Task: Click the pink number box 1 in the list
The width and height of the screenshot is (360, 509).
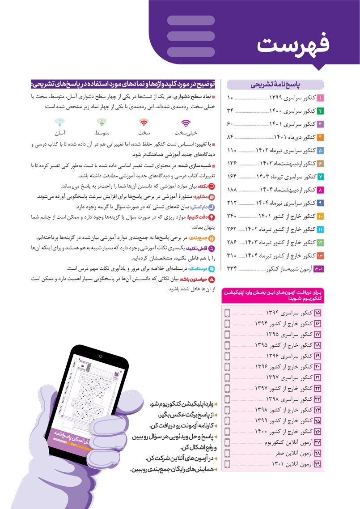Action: (320, 98)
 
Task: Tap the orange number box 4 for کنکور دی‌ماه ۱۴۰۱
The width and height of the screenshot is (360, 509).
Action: (320, 137)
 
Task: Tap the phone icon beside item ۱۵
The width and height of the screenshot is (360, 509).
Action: (227, 313)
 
